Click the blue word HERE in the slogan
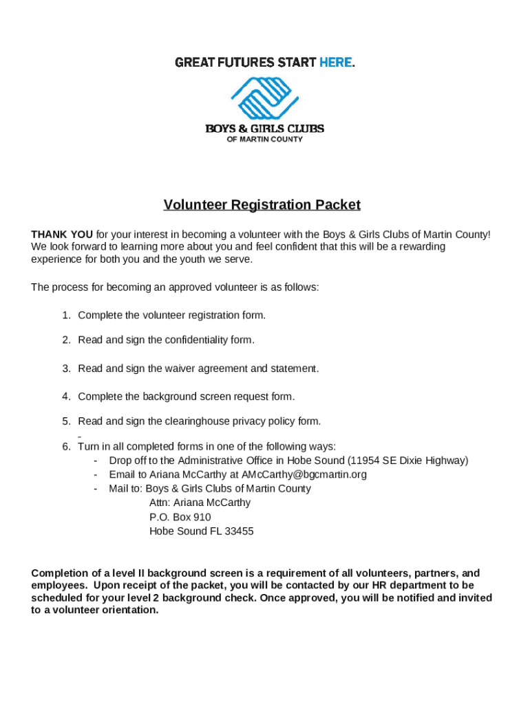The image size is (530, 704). click(x=335, y=63)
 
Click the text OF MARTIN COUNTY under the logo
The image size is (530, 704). click(x=265, y=139)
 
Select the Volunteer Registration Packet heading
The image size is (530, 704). click(x=262, y=205)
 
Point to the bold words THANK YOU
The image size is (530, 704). click(x=62, y=234)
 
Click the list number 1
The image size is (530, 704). click(x=66, y=315)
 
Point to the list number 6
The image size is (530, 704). click(x=66, y=446)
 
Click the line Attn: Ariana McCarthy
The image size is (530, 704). click(x=200, y=503)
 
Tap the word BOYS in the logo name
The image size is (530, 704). click(x=220, y=129)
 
